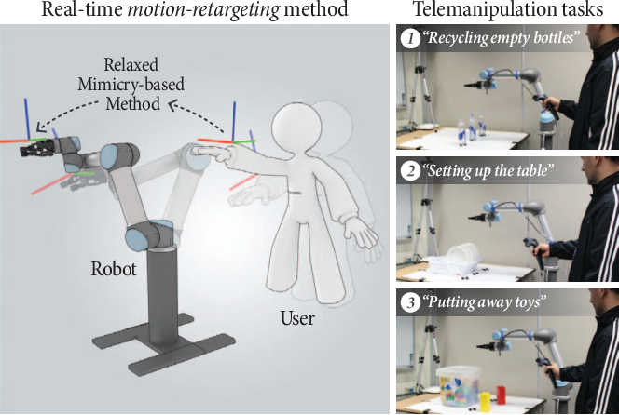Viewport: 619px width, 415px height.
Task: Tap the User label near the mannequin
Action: point(296,320)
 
